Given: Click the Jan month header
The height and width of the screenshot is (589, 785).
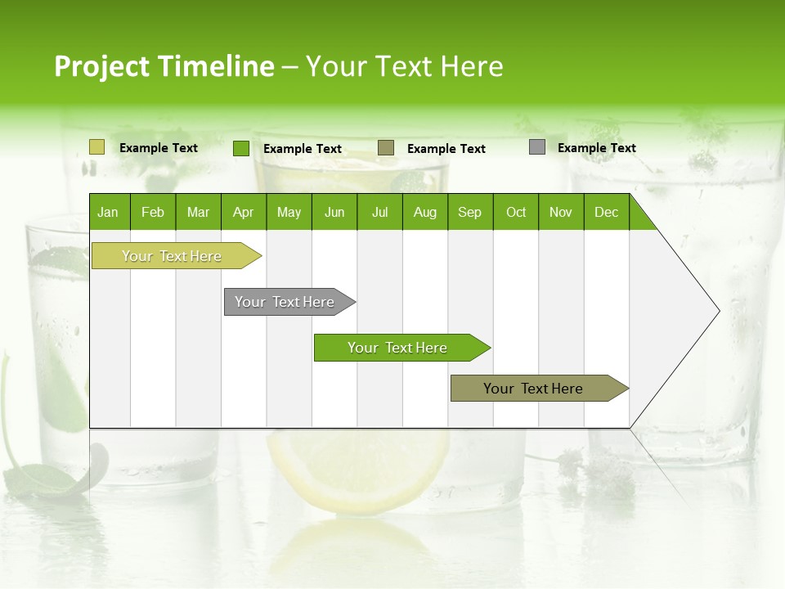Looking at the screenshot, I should (x=109, y=212).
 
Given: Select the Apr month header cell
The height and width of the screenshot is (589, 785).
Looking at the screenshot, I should (x=244, y=212).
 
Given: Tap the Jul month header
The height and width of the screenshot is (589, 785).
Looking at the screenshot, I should (x=379, y=212).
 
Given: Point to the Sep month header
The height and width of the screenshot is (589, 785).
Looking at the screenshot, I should (x=470, y=212).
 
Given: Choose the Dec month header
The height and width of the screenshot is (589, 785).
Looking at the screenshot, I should (x=606, y=212).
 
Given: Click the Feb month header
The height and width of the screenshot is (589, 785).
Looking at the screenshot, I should (x=153, y=212).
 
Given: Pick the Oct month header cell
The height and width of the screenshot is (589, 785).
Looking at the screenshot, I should (x=516, y=212).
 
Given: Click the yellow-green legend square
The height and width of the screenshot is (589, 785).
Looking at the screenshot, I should (x=97, y=147).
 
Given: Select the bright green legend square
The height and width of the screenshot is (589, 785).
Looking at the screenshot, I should (x=241, y=148).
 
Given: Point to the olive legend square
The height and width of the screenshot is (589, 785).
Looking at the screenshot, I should (x=386, y=148).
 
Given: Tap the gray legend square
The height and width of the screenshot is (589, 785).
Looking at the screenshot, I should (x=537, y=147).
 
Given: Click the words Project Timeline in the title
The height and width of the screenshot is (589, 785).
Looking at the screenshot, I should (x=164, y=66).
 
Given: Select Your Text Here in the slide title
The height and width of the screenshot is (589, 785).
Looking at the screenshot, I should (x=404, y=66).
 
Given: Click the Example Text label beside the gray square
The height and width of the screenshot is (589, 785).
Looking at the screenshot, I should (x=596, y=148).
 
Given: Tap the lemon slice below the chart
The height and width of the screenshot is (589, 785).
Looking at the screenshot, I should (x=360, y=470).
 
